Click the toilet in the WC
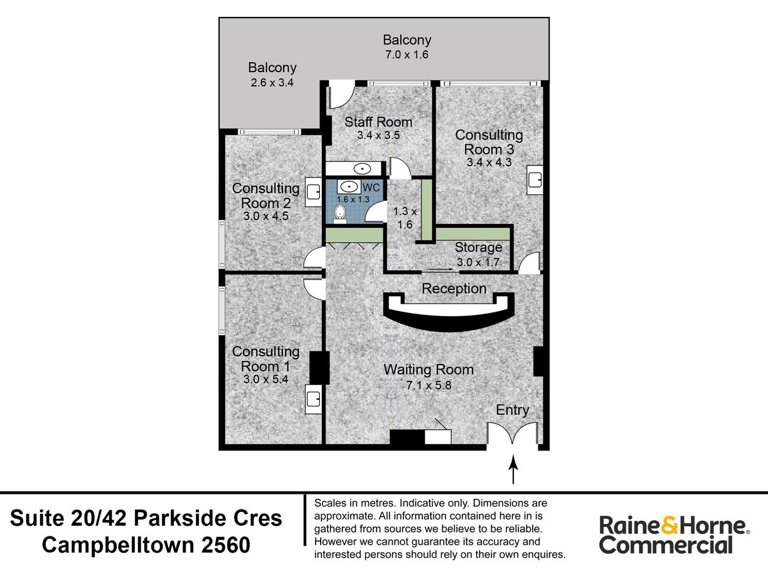click(x=340, y=214)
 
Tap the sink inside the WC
click(x=348, y=187)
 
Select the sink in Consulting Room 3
click(x=535, y=181)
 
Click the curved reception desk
click(x=448, y=314)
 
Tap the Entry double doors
click(x=513, y=434)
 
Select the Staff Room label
click(x=378, y=122)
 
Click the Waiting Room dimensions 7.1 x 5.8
click(x=429, y=385)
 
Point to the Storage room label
click(x=478, y=248)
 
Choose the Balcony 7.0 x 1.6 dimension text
click(x=407, y=55)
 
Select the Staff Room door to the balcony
click(x=341, y=94)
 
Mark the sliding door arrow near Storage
click(x=440, y=270)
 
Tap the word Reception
click(x=454, y=289)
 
